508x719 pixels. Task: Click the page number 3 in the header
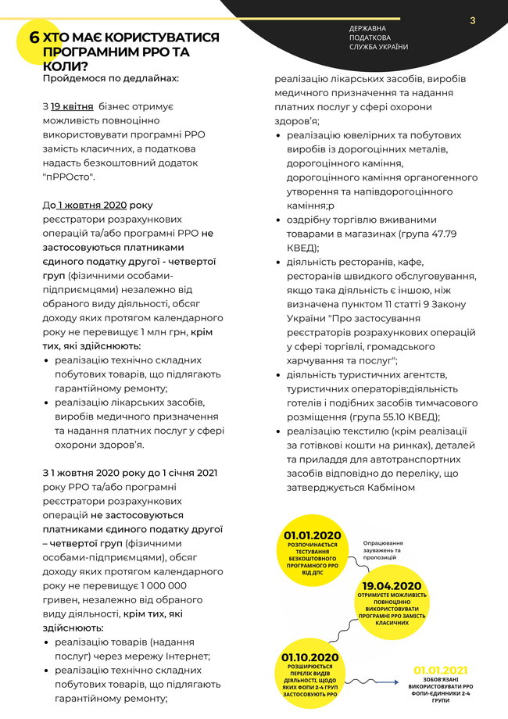click(x=473, y=20)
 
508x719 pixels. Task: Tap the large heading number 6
click(x=34, y=38)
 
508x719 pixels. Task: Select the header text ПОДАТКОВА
click(x=370, y=38)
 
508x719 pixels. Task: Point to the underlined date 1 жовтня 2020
click(x=91, y=205)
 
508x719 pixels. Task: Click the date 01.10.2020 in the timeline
click(x=310, y=657)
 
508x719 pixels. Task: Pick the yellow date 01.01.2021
click(x=441, y=670)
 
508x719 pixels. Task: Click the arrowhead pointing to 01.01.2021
click(x=398, y=681)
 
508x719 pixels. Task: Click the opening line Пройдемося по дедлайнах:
click(x=110, y=78)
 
